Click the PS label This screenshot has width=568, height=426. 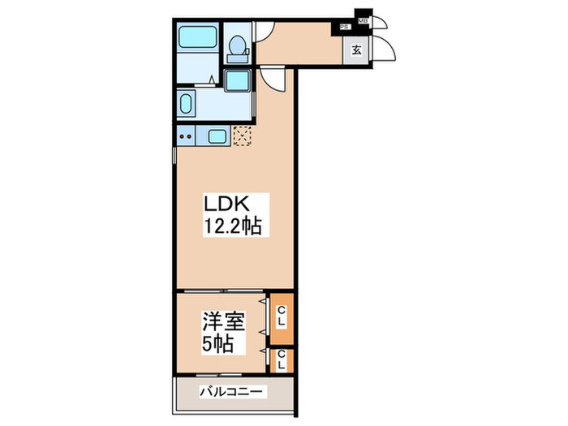[x=345, y=27]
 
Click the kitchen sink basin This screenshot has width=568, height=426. [x=217, y=136]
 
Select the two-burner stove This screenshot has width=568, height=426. [x=187, y=136]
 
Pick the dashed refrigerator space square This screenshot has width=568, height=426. [x=243, y=135]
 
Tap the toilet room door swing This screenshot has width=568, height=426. [x=261, y=31]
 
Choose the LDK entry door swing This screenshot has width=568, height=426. [x=276, y=80]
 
